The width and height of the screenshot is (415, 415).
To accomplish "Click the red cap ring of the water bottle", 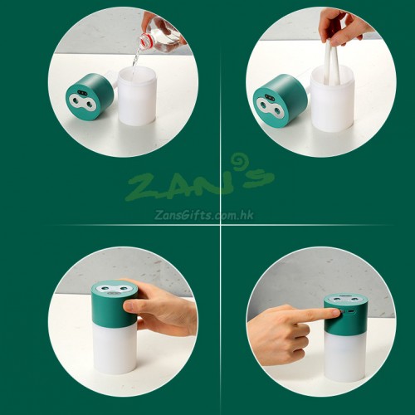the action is (145, 39).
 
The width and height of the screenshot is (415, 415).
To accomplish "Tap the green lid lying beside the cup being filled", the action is (90, 96).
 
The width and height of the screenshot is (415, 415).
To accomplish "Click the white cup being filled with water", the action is (137, 95).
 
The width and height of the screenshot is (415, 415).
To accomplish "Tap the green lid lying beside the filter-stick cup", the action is (281, 101).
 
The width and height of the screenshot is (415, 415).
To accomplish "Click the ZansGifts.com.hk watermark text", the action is (204, 215).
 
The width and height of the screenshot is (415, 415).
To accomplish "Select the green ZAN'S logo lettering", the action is (199, 184).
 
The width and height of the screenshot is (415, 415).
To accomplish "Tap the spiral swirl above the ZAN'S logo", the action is (238, 160).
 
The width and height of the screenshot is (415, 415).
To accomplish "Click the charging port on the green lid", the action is (351, 312).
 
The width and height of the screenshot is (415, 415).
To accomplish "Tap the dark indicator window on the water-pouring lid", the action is (81, 93).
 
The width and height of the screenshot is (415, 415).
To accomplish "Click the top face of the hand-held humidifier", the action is (115, 288).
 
